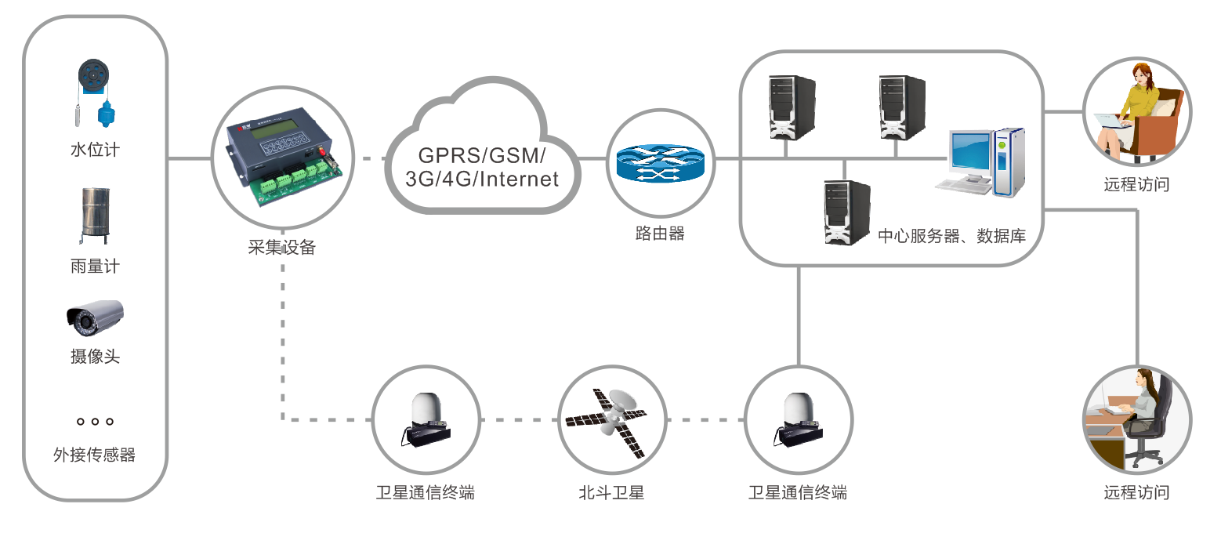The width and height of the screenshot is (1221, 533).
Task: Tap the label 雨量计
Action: (x=95, y=266)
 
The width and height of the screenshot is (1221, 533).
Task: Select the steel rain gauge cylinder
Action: (x=95, y=212)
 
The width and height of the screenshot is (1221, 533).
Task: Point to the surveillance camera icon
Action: (x=95, y=317)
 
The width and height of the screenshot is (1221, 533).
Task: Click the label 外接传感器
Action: (x=94, y=455)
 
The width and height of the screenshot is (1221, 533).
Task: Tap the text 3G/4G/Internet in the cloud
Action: (x=481, y=179)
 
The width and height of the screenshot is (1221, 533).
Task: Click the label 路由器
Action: (x=660, y=234)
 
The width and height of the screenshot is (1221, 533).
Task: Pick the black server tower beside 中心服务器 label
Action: (x=846, y=212)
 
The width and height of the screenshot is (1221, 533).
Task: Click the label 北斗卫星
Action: (x=611, y=493)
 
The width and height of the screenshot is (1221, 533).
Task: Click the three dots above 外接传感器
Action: (x=95, y=422)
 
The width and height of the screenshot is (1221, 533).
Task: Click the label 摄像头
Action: (x=95, y=357)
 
